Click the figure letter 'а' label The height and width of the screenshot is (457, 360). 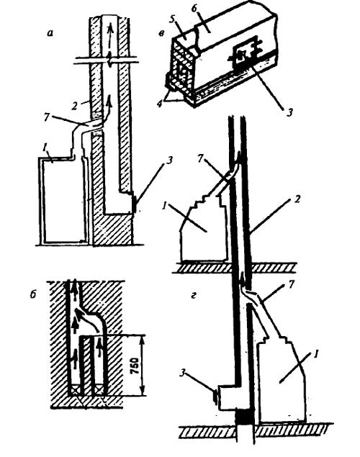tap(50, 33)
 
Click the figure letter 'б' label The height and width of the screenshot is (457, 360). tap(32, 294)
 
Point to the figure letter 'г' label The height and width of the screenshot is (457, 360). tap(193, 297)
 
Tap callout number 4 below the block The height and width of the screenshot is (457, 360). tap(160, 104)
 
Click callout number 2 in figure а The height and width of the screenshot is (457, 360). tap(75, 106)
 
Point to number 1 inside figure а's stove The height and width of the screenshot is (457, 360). tap(45, 149)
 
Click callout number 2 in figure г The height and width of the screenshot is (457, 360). tap(297, 200)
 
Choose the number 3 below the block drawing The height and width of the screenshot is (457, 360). tap(289, 112)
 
